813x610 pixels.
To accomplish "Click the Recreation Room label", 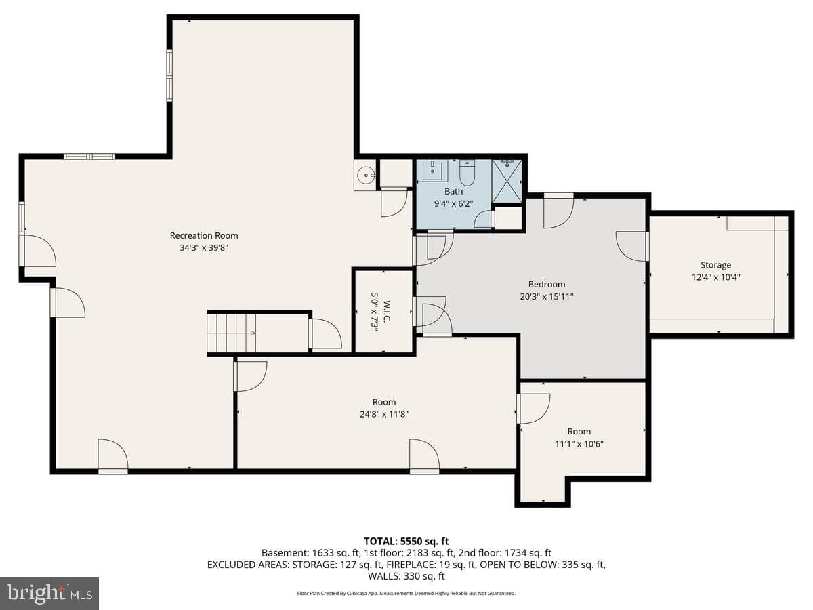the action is click(204, 236).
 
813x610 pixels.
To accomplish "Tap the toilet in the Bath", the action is click(467, 174).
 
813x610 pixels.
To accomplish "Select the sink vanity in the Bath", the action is click(433, 171).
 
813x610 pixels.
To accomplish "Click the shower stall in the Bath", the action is click(507, 182).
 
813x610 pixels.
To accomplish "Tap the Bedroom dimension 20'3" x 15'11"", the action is click(547, 297).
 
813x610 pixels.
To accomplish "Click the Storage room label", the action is click(715, 265).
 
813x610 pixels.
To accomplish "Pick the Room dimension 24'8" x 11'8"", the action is click(384, 414).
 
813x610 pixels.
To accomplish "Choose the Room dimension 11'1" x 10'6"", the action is click(579, 444).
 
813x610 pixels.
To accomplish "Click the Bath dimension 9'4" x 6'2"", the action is click(453, 204).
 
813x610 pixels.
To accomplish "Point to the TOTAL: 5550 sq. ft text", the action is click(406, 541).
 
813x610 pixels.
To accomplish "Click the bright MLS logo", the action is click(49, 594).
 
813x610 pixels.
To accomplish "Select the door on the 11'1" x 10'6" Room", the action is click(533, 409).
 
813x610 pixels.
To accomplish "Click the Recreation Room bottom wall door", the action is click(113, 456).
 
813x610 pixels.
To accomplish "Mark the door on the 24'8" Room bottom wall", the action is click(425, 456).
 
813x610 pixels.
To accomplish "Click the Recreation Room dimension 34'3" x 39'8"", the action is click(204, 248).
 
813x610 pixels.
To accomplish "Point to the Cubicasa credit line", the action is click(406, 593).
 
